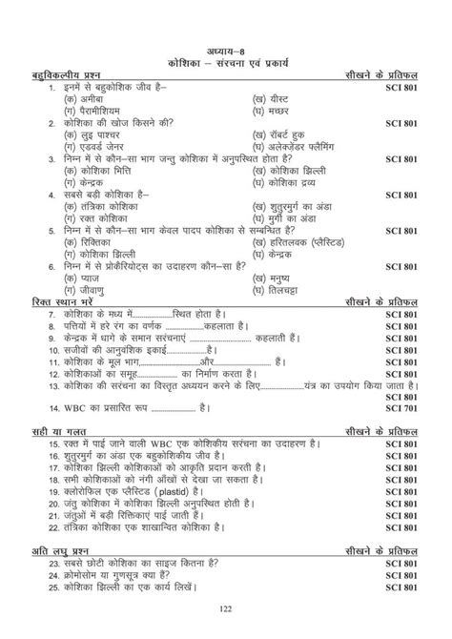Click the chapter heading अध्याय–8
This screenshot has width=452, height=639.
225,50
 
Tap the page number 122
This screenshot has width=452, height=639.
226,608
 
